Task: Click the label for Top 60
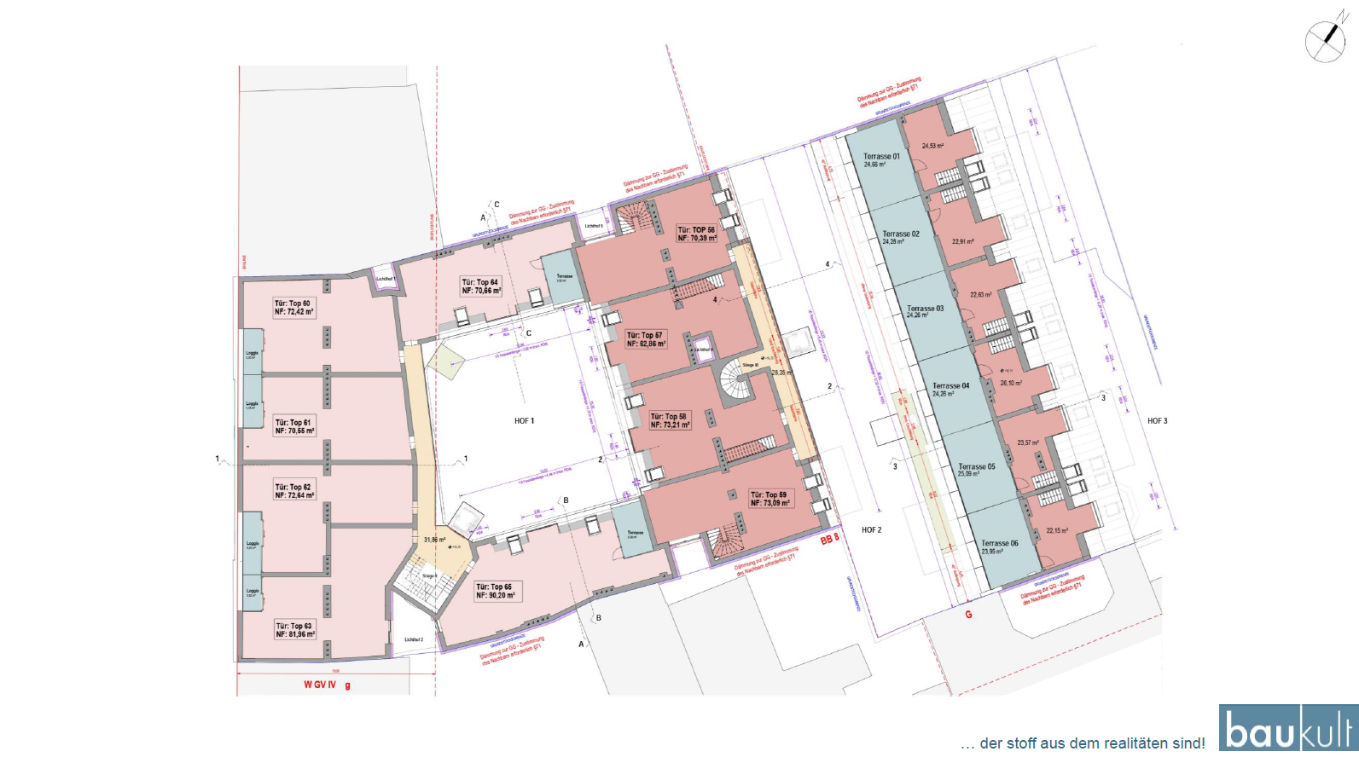click(293, 308)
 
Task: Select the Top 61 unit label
click(294, 426)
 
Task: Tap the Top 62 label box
click(294, 491)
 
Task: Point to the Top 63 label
click(295, 630)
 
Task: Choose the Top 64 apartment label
click(481, 286)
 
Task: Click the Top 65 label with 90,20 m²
click(496, 591)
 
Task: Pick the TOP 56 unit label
click(697, 234)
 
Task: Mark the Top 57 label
click(646, 339)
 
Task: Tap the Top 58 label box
click(670, 420)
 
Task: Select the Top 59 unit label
click(770, 498)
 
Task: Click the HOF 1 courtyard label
click(524, 421)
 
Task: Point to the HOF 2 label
click(871, 530)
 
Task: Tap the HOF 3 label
click(1157, 421)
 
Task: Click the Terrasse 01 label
click(880, 159)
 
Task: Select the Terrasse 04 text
click(950, 389)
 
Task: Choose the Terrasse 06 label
click(999, 546)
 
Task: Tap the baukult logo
click(1287, 729)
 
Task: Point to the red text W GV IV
click(321, 685)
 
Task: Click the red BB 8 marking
click(830, 540)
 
